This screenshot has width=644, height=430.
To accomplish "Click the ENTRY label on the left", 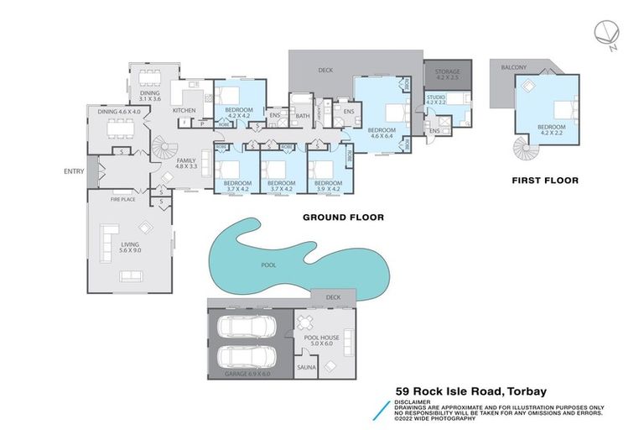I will [x=74, y=171].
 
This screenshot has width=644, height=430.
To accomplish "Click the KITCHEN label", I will [x=184, y=110].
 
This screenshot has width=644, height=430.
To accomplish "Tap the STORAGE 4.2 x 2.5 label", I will [x=447, y=76].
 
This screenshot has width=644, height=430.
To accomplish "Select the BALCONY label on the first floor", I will [x=514, y=66].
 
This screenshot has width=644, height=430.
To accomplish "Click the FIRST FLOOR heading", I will [x=545, y=180].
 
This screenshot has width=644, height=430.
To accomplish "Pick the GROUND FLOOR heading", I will [x=343, y=218].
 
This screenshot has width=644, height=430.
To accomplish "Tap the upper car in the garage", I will [x=248, y=326].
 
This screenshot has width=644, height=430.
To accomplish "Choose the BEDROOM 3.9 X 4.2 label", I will [x=328, y=186].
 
